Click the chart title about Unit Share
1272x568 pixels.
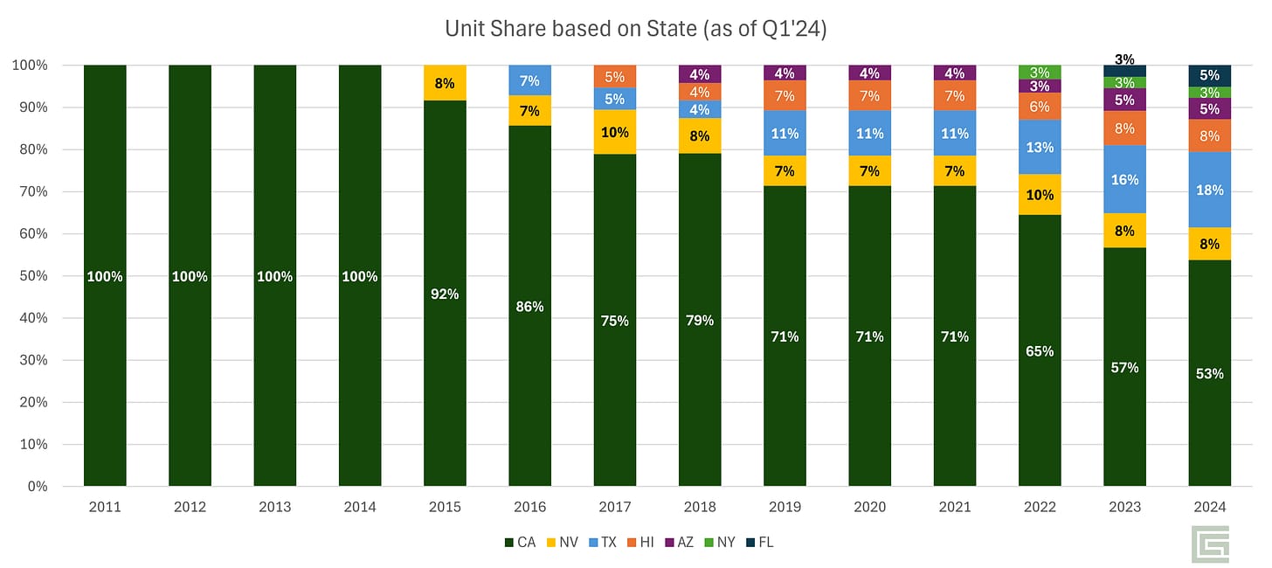click(x=635, y=29)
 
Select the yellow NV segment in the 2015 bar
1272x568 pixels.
click(x=445, y=84)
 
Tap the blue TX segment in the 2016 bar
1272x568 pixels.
click(x=529, y=80)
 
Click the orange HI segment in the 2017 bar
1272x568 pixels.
click(x=615, y=77)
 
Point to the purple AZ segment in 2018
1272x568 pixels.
click(x=700, y=74)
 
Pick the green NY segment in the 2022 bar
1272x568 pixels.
click(x=1040, y=72)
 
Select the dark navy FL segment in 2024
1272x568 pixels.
click(x=1209, y=76)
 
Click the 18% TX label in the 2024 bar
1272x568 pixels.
click(x=1209, y=190)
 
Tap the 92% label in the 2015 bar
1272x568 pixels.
click(x=445, y=294)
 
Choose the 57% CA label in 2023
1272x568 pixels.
click(x=1124, y=368)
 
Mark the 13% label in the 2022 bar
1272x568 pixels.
click(x=1040, y=148)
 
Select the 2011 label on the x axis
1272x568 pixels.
click(x=105, y=507)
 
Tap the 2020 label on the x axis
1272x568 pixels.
click(x=869, y=507)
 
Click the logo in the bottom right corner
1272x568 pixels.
click(x=1211, y=544)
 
